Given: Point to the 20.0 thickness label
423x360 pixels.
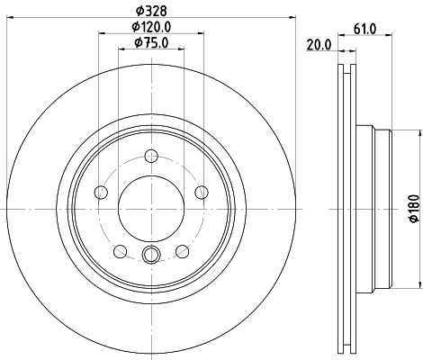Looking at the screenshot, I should click(319, 41).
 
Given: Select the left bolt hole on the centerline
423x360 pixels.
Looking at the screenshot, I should click(101, 192).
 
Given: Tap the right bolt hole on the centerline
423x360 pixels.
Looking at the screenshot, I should click(201, 192).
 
